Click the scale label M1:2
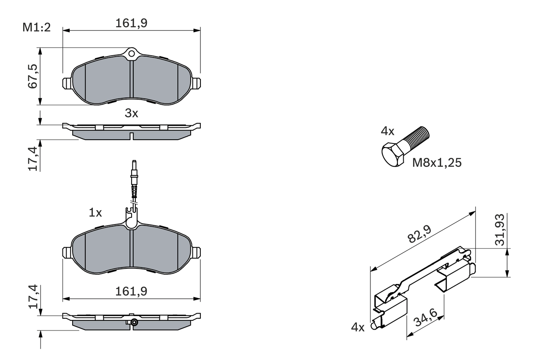click(x=36, y=28)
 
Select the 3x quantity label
click(x=131, y=113)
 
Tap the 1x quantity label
click(x=95, y=213)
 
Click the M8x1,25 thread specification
click(x=437, y=163)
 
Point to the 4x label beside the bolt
click(x=387, y=131)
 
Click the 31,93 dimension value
click(x=500, y=230)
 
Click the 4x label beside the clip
click(x=358, y=327)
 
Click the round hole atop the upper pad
click(x=132, y=54)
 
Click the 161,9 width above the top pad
click(x=131, y=23)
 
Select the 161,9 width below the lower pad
click(x=131, y=291)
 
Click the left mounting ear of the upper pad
click(x=67, y=83)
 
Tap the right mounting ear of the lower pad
click(x=196, y=252)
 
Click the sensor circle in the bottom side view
click(x=134, y=323)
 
